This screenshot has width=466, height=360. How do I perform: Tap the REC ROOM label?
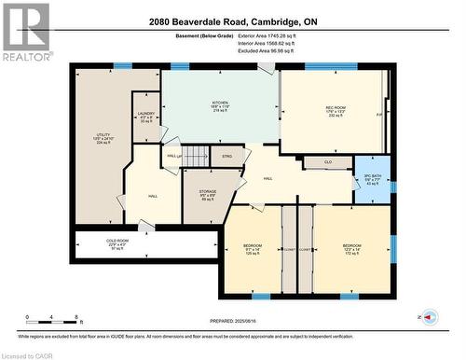336,108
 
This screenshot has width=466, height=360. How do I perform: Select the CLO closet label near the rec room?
328,162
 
